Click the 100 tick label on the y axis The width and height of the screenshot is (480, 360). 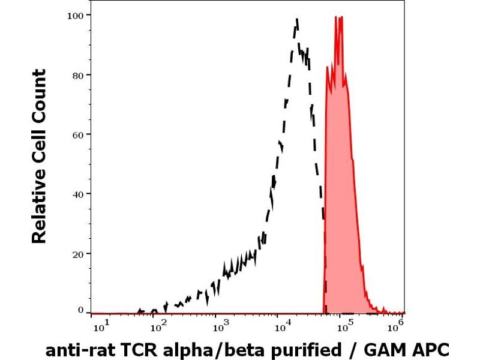(74, 14)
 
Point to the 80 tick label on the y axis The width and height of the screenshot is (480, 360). (77, 74)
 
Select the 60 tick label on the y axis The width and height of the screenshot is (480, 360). (77, 134)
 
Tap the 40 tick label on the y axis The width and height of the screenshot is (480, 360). (77, 193)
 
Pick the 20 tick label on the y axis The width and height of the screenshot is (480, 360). (77, 253)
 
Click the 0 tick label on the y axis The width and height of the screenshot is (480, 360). (80, 310)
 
